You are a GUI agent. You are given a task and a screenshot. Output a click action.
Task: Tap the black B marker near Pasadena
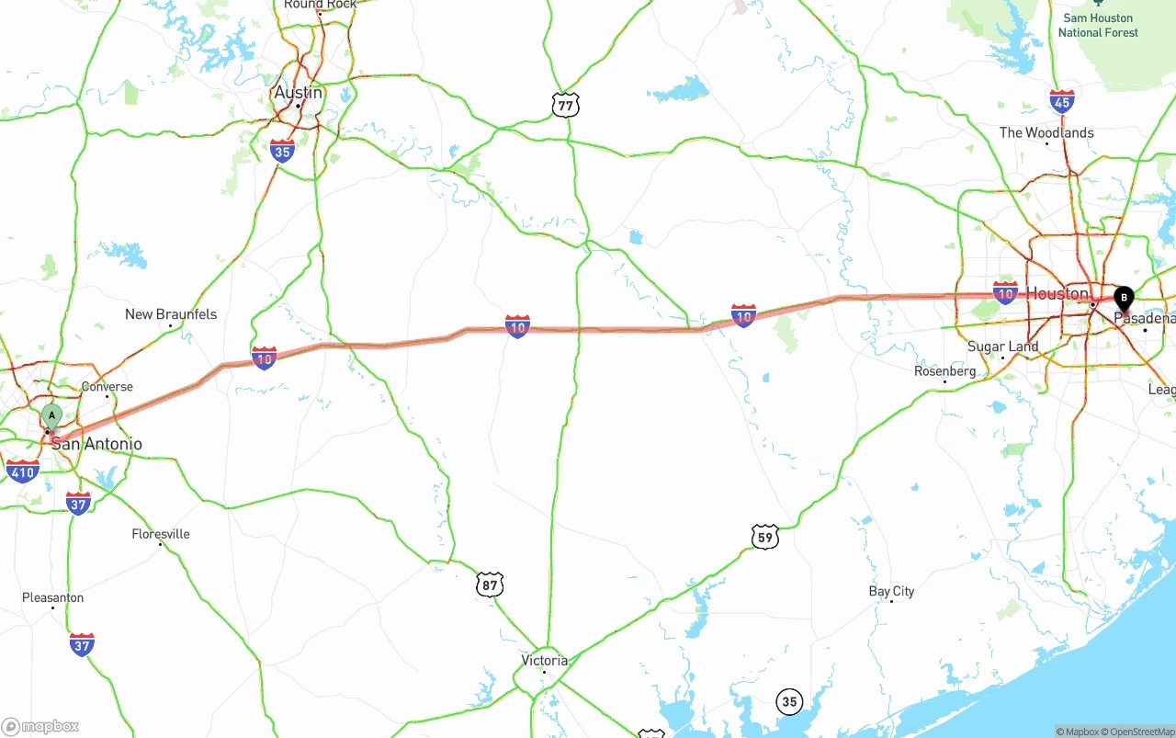pos(1124,298)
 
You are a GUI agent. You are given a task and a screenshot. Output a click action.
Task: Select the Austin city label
pos(298,93)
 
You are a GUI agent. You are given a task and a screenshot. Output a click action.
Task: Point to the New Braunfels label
pos(171,314)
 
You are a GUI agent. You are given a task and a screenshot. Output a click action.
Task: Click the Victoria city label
pos(544,661)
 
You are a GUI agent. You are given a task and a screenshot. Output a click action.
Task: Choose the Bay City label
pos(891,591)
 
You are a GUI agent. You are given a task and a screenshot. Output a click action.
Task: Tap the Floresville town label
pos(161,534)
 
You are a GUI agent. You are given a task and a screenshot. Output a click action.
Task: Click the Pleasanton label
pos(52,597)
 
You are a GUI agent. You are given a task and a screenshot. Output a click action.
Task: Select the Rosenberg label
pos(944,371)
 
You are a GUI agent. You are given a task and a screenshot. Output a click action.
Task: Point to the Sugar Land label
pos(1002,346)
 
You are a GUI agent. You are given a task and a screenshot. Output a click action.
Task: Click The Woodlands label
pos(1046,132)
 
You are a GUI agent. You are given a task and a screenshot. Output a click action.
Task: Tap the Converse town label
pos(107,387)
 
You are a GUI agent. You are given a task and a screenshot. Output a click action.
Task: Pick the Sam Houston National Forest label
pos(1098,25)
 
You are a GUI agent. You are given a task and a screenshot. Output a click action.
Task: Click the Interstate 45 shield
pos(1062,100)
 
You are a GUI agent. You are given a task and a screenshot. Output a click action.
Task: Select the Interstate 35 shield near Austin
pos(282,152)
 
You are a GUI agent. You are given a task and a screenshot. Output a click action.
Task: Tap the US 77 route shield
pos(566,106)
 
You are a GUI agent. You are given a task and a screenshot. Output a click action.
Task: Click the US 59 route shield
pos(764,537)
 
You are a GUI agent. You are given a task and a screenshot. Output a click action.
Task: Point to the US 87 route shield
pos(490,584)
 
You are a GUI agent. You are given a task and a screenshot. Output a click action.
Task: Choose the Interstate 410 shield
pos(22,472)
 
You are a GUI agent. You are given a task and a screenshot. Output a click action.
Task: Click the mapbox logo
pos(40,726)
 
